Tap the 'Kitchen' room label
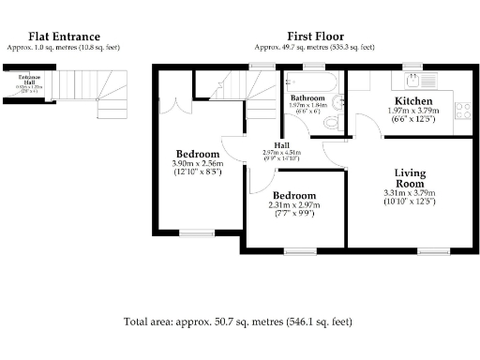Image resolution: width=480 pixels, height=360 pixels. click(x=412, y=101)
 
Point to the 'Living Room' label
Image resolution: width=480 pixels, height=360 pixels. click(x=410, y=178)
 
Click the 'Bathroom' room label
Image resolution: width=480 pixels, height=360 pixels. click(x=307, y=97)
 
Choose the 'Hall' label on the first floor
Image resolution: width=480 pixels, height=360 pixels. click(x=281, y=145)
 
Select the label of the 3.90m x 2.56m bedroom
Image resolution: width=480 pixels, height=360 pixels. click(x=198, y=154)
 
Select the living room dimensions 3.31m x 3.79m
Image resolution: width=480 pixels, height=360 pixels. click(x=410, y=195)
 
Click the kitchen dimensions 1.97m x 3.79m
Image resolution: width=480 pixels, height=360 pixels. click(x=412, y=112)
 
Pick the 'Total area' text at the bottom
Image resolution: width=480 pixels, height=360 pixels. click(x=238, y=322)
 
